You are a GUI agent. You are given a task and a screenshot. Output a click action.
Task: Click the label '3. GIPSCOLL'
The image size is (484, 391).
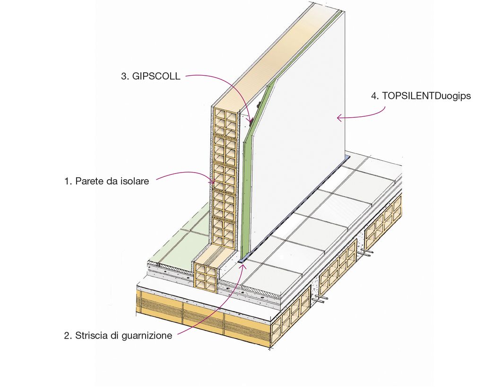tap(151, 76)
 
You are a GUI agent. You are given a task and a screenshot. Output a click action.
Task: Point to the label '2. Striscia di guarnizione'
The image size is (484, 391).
tap(118, 336)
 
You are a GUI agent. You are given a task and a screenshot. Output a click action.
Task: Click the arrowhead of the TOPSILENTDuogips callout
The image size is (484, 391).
tap(338, 118)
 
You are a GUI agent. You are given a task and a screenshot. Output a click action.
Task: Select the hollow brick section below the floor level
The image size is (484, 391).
tap(206, 277)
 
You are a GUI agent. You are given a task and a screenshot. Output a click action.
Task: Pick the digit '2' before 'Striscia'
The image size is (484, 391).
tap(67, 336)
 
